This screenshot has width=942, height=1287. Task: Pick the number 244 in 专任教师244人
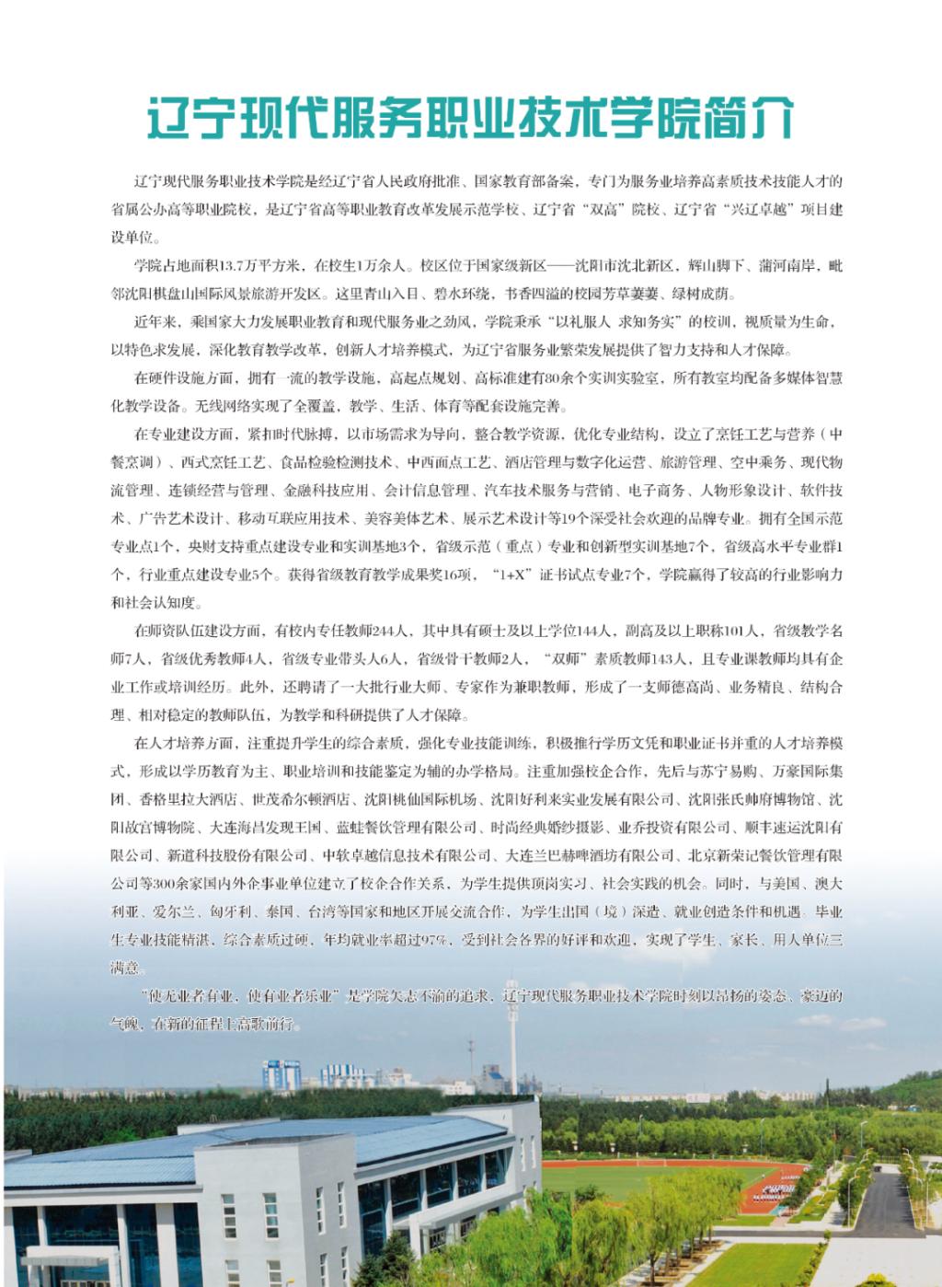point(379,632)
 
